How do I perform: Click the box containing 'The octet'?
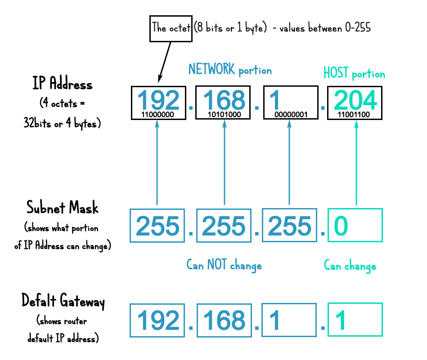click(x=171, y=29)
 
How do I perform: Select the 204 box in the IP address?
click(x=356, y=103)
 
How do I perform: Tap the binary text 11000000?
click(x=157, y=115)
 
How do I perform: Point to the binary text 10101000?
click(x=224, y=115)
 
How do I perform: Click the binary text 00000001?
click(x=291, y=115)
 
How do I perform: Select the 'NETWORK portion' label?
click(x=230, y=70)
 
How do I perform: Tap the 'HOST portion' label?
click(x=354, y=73)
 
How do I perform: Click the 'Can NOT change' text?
click(x=224, y=265)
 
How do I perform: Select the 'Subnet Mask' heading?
click(x=63, y=209)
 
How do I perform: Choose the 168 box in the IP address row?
click(x=224, y=103)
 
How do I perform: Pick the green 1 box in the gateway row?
click(x=355, y=320)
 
